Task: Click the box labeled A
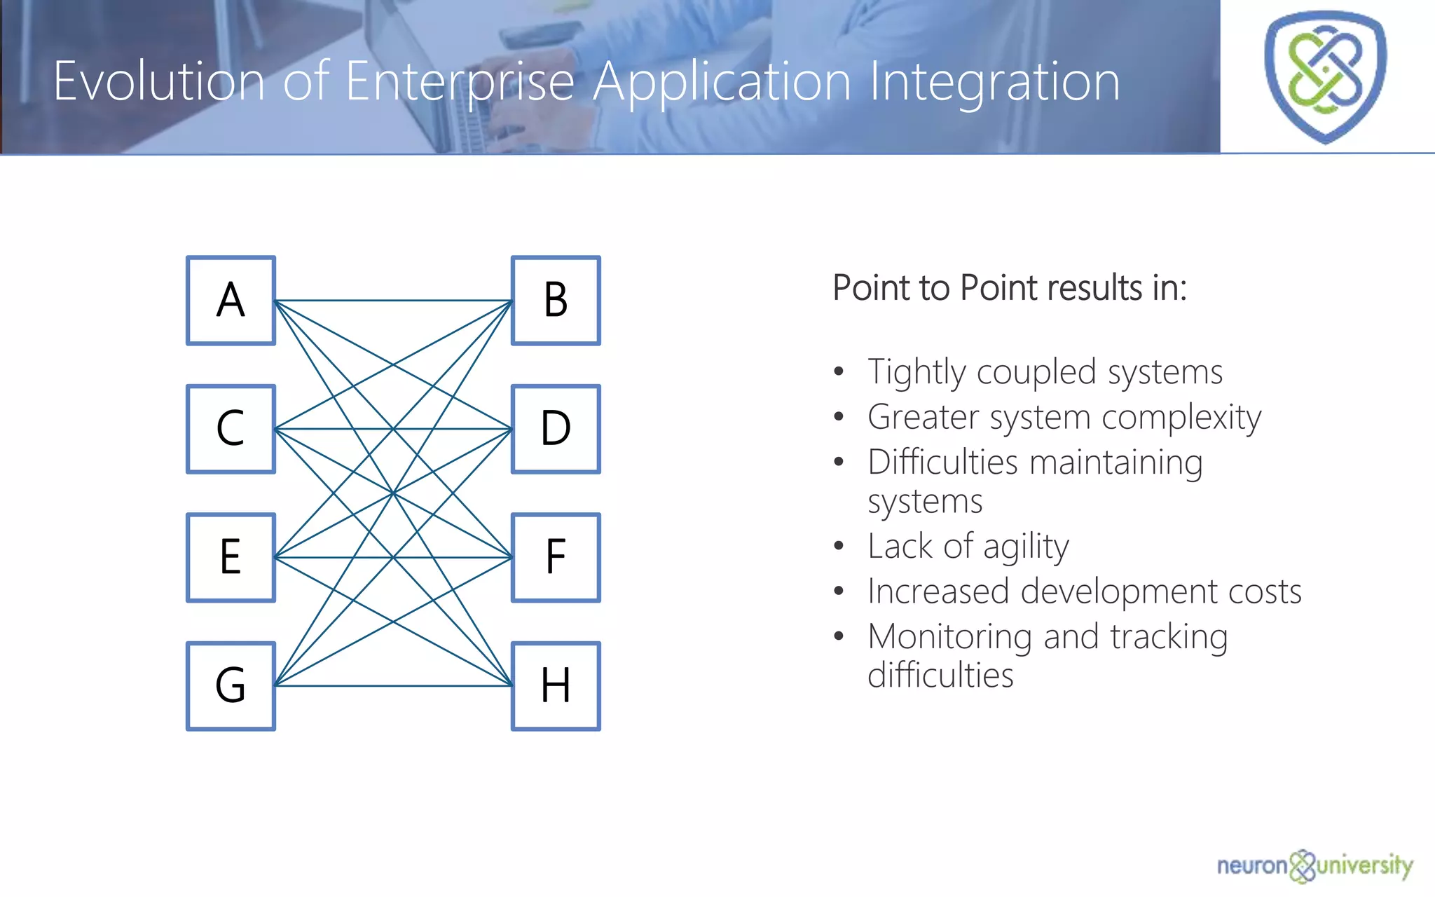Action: pos(231,301)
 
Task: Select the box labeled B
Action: pos(556,301)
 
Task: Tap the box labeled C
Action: pos(231,429)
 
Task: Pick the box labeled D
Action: pos(556,429)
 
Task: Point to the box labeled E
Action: pos(231,557)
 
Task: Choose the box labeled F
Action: pos(556,557)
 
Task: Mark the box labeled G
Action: pos(231,686)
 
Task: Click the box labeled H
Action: pos(556,686)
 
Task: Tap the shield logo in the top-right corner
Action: pos(1325,76)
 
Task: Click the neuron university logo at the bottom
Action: pos(1314,866)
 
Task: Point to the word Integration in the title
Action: pos(994,82)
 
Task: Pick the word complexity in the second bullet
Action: pos(1181,418)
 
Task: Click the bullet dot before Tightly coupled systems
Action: pos(839,372)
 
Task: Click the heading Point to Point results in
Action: pos(1009,288)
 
